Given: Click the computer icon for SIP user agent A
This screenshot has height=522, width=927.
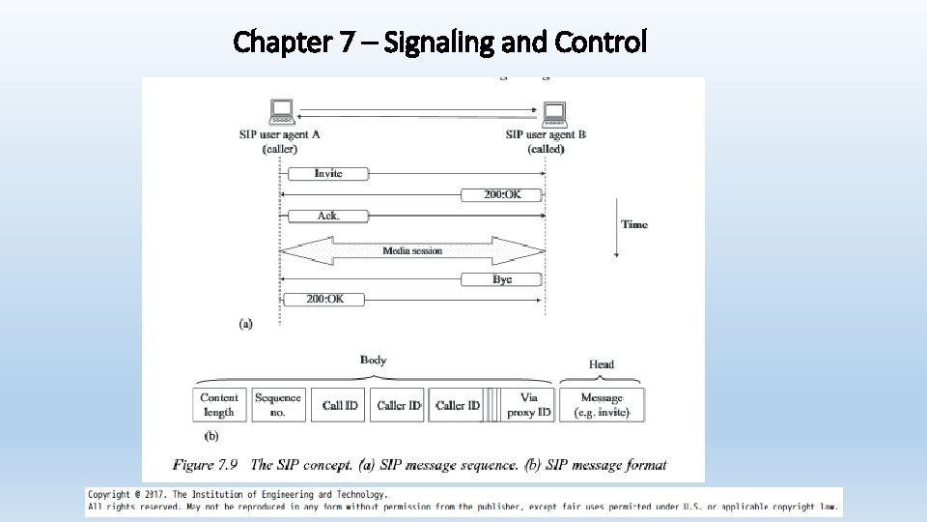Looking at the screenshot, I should point(282,112).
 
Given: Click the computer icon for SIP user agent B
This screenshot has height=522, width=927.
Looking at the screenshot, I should point(554,114).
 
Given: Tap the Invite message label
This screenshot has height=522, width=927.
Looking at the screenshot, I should point(328,173).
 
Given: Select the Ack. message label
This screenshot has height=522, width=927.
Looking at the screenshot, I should point(328,216).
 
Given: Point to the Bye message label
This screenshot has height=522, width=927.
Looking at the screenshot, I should point(502,279).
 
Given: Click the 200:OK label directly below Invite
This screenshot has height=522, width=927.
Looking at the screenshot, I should point(502,194).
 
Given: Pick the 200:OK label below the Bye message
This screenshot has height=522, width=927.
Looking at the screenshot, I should point(325,300).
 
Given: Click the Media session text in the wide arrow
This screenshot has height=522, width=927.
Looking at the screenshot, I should point(412,250).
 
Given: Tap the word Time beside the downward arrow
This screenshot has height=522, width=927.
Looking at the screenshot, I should point(634,224).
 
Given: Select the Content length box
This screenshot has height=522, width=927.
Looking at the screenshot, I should point(219,404).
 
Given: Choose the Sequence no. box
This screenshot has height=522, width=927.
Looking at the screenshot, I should point(278,404).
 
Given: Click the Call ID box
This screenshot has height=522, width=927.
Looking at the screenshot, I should point(340,405).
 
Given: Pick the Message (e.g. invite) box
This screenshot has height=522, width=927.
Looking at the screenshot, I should point(602,404).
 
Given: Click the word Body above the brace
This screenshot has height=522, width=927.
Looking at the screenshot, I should point(374,361).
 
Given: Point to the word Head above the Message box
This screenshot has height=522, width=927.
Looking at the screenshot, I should point(602,364).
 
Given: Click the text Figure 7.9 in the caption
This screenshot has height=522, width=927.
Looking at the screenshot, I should point(206,465).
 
